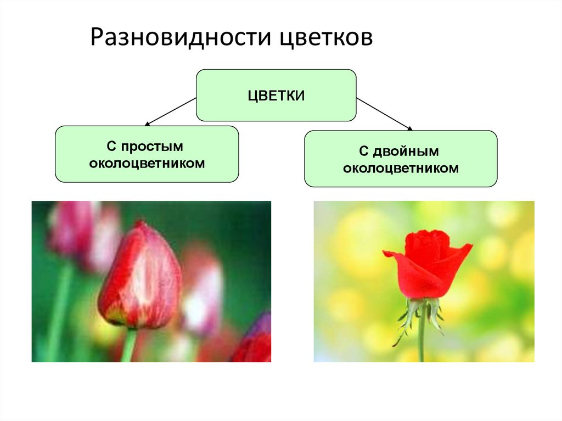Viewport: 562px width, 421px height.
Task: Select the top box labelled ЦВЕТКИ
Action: click(x=276, y=95)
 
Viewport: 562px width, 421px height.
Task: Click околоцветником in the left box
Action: click(x=147, y=163)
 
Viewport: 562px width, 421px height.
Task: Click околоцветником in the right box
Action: click(x=401, y=168)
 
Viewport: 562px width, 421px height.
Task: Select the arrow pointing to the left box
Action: click(x=170, y=112)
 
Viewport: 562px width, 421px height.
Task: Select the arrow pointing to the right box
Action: click(x=384, y=114)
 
